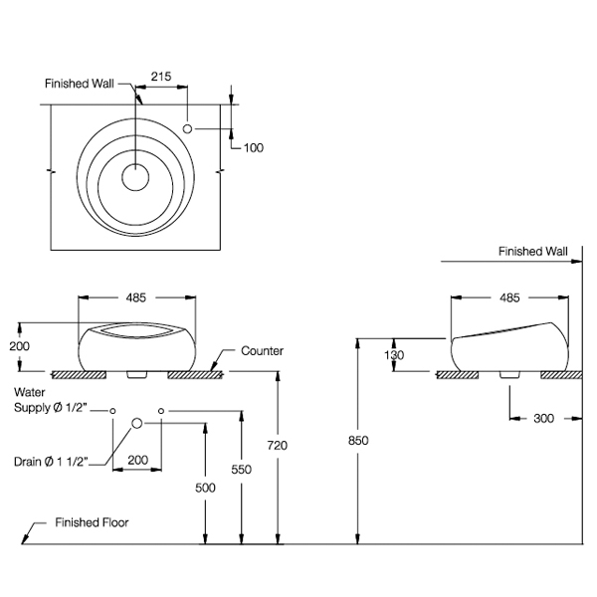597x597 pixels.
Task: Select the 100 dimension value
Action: click(253, 147)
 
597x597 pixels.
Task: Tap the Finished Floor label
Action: click(92, 521)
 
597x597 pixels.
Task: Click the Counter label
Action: click(263, 351)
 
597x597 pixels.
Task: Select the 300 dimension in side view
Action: click(543, 419)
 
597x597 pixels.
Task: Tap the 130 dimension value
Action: click(395, 354)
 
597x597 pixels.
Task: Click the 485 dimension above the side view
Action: click(508, 298)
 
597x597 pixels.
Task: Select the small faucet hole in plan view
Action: click(189, 128)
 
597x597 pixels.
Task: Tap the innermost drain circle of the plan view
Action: click(134, 177)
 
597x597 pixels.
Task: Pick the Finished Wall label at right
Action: click(532, 252)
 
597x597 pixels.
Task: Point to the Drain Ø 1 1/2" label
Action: click(52, 460)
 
